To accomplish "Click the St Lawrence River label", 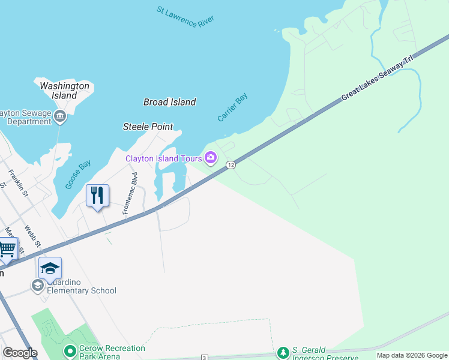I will pyautogui.click(x=185, y=16).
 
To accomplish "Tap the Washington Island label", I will pyautogui.click(x=64, y=91).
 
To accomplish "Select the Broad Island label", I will pyautogui.click(x=169, y=102).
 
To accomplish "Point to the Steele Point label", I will pyautogui.click(x=148, y=127).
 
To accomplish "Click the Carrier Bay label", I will pyautogui.click(x=232, y=107).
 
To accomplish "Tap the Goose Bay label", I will pyautogui.click(x=78, y=174).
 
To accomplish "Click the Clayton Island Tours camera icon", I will pyautogui.click(x=211, y=158).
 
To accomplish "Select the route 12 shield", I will pyautogui.click(x=230, y=164).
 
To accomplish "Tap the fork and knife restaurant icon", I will pyautogui.click(x=97, y=195).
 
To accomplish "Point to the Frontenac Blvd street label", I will pyautogui.click(x=130, y=193).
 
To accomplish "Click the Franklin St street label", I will pyautogui.click(x=18, y=182).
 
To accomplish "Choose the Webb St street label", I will pyautogui.click(x=32, y=236).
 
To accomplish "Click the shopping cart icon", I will pyautogui.click(x=7, y=248).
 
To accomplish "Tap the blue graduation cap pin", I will pyautogui.click(x=50, y=268).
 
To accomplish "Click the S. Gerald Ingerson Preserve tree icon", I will pyautogui.click(x=283, y=352).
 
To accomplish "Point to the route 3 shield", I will pyautogui.click(x=205, y=358).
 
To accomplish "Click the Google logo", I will pyautogui.click(x=19, y=353).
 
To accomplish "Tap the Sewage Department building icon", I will pyautogui.click(x=60, y=116).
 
